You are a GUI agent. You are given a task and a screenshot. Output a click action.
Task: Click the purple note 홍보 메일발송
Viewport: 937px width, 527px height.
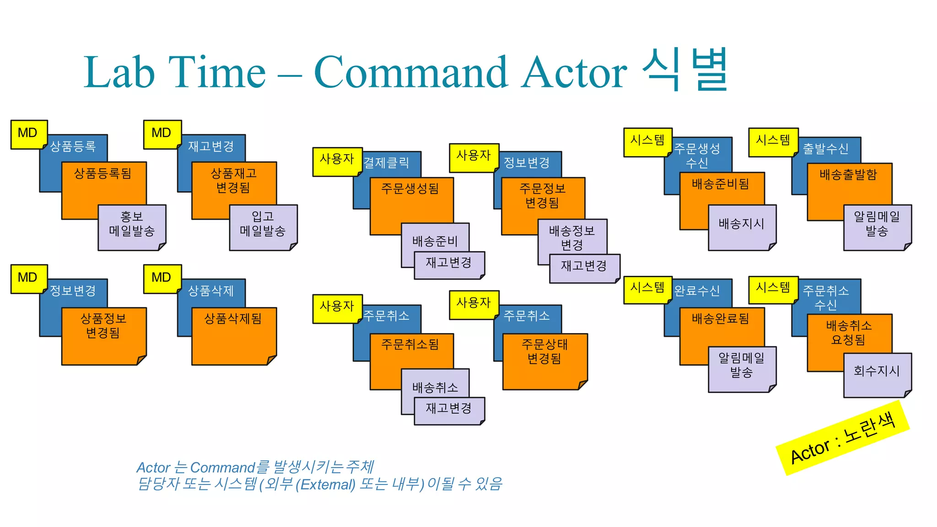[x=132, y=226]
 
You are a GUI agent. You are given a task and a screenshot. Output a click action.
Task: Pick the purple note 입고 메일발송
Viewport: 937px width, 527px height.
[x=263, y=226]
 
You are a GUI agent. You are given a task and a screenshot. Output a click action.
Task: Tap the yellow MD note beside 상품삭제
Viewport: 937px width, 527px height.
[x=162, y=278]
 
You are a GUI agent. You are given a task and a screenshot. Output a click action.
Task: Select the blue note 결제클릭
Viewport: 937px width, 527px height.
[x=387, y=163]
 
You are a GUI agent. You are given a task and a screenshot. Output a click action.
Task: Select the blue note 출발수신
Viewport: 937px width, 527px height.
[x=826, y=149]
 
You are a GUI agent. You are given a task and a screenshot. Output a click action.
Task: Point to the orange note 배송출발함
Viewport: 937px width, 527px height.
[x=849, y=183]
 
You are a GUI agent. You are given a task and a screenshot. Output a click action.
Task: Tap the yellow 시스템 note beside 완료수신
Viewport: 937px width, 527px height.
[x=647, y=289]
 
